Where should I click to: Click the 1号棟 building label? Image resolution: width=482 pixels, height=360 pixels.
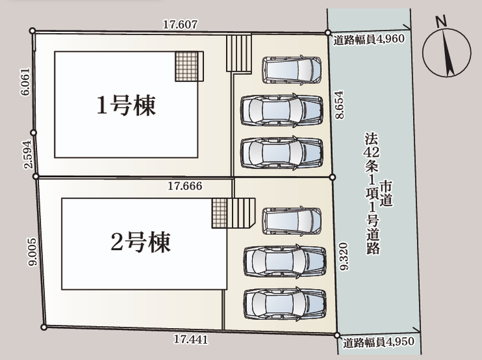pos(126,105)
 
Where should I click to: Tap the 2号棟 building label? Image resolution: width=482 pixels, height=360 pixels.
pos(141,242)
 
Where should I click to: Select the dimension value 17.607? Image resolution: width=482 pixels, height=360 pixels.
pos(180,24)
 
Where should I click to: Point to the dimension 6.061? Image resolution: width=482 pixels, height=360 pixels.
pos(26,81)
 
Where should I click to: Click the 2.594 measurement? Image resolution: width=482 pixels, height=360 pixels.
pos(27,154)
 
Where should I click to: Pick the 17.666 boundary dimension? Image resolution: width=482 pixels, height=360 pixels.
pos(185,186)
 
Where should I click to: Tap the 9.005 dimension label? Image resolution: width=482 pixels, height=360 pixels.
pos(32,252)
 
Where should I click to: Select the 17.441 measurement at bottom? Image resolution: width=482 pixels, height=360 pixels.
pos(191,339)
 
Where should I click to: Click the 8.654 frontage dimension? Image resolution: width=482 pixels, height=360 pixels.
pos(339,104)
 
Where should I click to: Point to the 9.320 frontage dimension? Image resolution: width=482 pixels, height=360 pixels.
pos(344,256)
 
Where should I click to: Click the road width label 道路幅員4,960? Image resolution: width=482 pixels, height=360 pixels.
pos(369,39)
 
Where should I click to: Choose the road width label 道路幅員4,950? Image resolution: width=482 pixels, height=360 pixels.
pos(378,342)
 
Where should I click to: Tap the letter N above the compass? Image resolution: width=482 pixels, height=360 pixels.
pos(441,21)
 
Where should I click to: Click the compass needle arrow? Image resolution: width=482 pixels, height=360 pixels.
pos(447,53)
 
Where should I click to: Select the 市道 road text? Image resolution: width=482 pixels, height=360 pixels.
pos(386,193)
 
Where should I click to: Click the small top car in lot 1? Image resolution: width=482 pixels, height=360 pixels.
pos(292,70)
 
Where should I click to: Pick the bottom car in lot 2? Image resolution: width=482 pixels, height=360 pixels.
pos(285,304)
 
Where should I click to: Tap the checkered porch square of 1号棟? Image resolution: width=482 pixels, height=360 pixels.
pos(186,66)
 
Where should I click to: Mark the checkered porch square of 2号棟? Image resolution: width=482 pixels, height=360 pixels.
pos(220,213)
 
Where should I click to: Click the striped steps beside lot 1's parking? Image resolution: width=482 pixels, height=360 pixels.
pos(239,53)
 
